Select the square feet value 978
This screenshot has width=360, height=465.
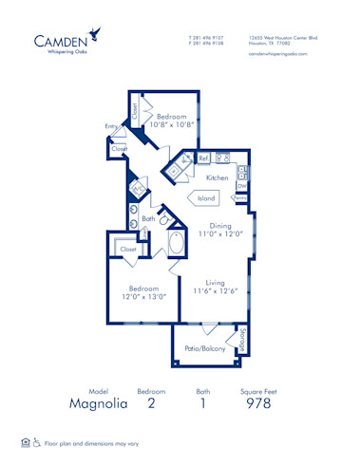pyautogui.click(x=257, y=402)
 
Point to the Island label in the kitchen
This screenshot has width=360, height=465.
pyautogui.click(x=204, y=197)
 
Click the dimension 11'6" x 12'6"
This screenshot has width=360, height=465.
pyautogui.click(x=214, y=290)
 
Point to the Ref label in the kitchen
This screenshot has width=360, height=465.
pyautogui.click(x=203, y=158)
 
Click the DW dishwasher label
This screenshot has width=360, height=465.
pyautogui.click(x=242, y=187)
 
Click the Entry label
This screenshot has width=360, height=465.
pyautogui.click(x=112, y=126)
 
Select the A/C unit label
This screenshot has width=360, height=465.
pyautogui.click(x=139, y=188)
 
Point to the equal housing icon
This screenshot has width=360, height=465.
pyautogui.click(x=25, y=441)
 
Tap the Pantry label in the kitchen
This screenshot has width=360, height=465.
pyautogui.click(x=242, y=197)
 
